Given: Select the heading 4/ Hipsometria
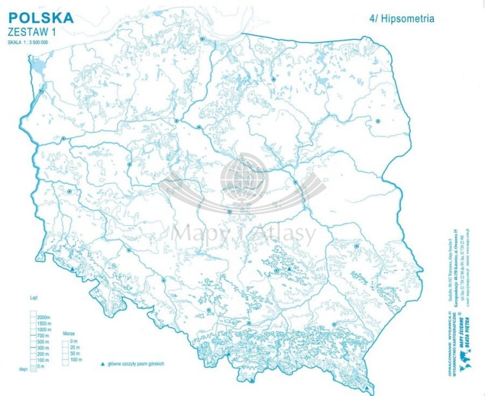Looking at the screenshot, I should pyautogui.click(x=402, y=19).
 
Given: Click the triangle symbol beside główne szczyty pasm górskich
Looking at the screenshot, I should pyautogui.click(x=102, y=364).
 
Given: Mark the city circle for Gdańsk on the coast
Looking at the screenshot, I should pyautogui.click(x=202, y=39).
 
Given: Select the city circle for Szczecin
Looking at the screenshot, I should pyautogui.click(x=41, y=91).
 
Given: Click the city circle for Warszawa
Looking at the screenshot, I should pyautogui.click(x=295, y=182).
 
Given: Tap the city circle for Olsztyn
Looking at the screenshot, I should pyautogui.click(x=274, y=79).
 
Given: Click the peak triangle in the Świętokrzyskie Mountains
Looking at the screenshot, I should pyautogui.click(x=289, y=267).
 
